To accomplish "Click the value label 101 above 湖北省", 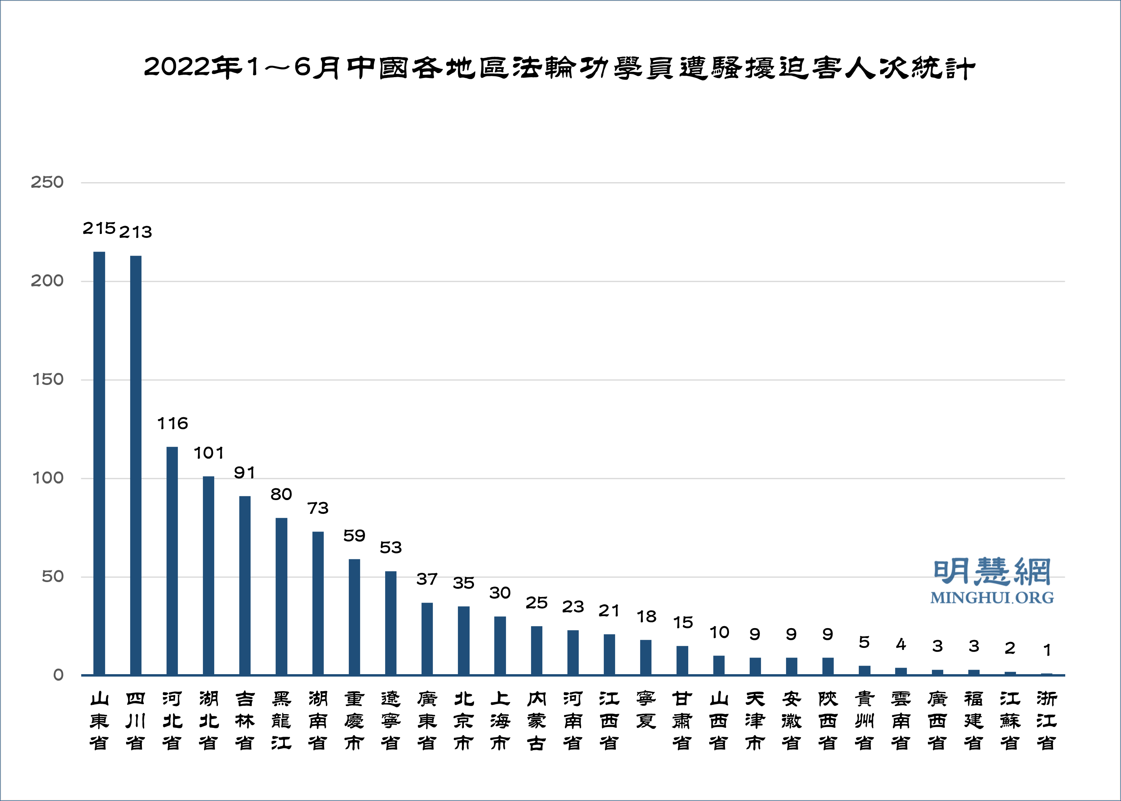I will tap(209, 453).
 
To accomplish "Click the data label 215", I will tap(99, 228).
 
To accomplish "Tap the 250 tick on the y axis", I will tap(47, 183).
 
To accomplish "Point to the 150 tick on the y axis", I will tap(47, 380).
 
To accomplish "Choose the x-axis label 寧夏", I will tap(646, 710).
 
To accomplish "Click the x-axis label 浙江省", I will tap(1047, 721).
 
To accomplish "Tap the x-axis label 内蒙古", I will tap(536, 721).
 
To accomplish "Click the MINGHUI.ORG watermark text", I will tap(992, 598).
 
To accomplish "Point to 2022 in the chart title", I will tap(177, 67).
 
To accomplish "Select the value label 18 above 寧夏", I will tap(646, 616).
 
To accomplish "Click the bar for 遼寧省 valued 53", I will tap(391, 622).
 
